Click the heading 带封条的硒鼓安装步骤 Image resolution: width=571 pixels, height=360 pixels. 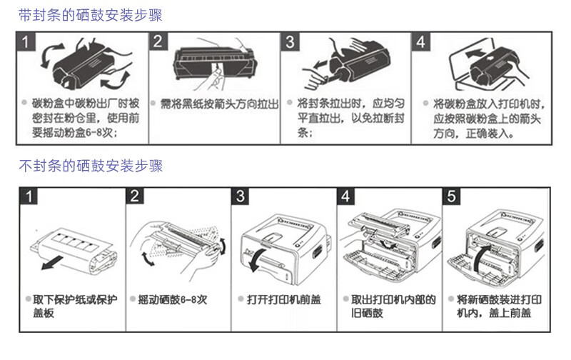(91, 14)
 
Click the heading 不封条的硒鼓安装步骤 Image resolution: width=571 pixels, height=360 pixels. (91, 166)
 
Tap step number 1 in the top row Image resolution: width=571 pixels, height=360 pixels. (26, 41)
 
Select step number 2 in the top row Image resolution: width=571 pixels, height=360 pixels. (158, 41)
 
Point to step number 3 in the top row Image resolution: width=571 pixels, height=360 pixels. (289, 41)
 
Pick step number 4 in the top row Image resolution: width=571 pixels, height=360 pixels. (420, 41)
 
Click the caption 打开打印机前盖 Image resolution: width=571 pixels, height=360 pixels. (283, 299)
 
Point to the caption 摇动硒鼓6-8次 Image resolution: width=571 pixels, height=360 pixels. (173, 299)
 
